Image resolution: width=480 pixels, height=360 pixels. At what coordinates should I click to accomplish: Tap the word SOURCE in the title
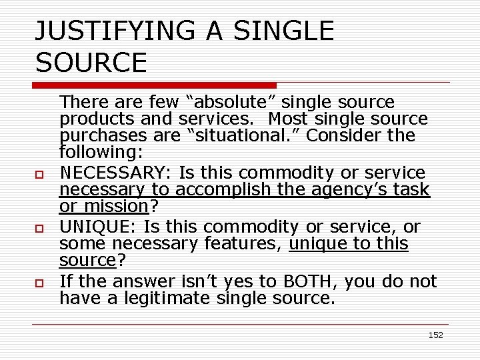click(91, 63)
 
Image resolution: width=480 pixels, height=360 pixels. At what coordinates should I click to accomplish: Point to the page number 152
click(435, 335)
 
